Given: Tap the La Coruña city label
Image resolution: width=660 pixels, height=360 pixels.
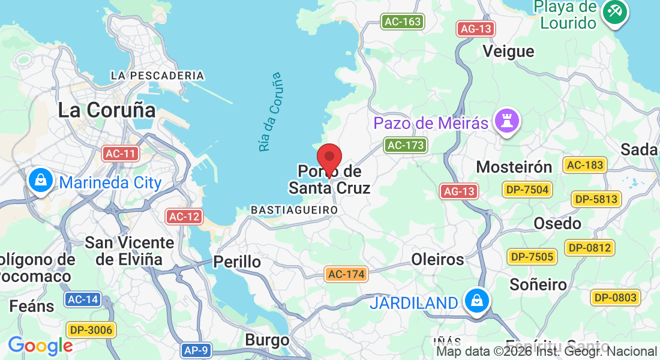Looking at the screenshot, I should tap(107, 110).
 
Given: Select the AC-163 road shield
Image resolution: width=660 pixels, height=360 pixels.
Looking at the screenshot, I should tap(403, 22).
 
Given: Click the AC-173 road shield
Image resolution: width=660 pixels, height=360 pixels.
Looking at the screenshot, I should tap(406, 145).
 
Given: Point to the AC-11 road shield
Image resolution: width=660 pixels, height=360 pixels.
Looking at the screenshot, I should tap(120, 154).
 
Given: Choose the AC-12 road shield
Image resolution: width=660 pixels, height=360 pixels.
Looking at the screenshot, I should tap(184, 217).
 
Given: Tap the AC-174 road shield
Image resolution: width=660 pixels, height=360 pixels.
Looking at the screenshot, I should tap(346, 274).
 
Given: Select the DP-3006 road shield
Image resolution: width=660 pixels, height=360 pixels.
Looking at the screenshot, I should tap(91, 329).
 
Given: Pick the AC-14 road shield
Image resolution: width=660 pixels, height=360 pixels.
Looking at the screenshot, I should tap(83, 299).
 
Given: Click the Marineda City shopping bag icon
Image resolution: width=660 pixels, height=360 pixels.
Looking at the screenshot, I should tap(40, 180).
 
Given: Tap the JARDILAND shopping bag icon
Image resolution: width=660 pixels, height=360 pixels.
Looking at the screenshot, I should tap(476, 301).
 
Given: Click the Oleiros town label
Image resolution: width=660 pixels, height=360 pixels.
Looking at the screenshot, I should tap(437, 259).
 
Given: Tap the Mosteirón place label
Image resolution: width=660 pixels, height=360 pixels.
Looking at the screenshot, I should tap(514, 167).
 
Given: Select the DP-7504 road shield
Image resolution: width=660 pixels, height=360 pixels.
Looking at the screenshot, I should tap(527, 190).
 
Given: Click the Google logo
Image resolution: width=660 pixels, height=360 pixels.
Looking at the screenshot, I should tap(40, 346).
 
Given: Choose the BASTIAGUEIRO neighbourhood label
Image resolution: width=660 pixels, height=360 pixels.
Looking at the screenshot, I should tap(294, 210).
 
